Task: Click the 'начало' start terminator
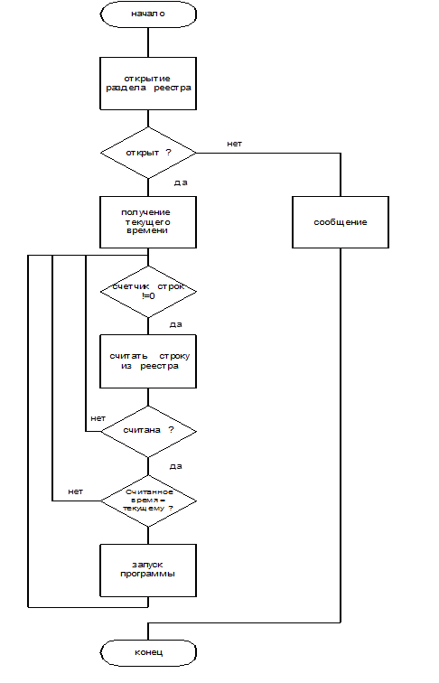(x=148, y=14)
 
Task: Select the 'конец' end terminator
(x=148, y=652)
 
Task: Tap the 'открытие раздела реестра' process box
(x=148, y=83)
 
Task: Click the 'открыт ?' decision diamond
(x=148, y=153)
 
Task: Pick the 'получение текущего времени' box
(x=148, y=222)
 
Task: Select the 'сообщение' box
(x=341, y=222)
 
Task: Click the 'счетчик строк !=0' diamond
(x=148, y=292)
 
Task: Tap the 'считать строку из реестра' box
(x=148, y=361)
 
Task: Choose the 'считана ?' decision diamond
(x=148, y=431)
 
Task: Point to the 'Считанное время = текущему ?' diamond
(x=148, y=501)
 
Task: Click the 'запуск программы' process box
(x=148, y=570)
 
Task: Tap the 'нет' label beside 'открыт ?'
(x=234, y=144)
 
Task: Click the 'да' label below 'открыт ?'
(x=181, y=182)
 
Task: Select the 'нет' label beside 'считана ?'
(x=98, y=418)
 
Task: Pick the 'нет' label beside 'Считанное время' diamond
(x=75, y=491)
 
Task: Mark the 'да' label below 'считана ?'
(x=175, y=466)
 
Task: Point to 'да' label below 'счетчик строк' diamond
(x=175, y=324)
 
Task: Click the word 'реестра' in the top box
(x=173, y=88)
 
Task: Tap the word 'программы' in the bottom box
(x=147, y=574)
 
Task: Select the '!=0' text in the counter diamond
(x=148, y=296)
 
